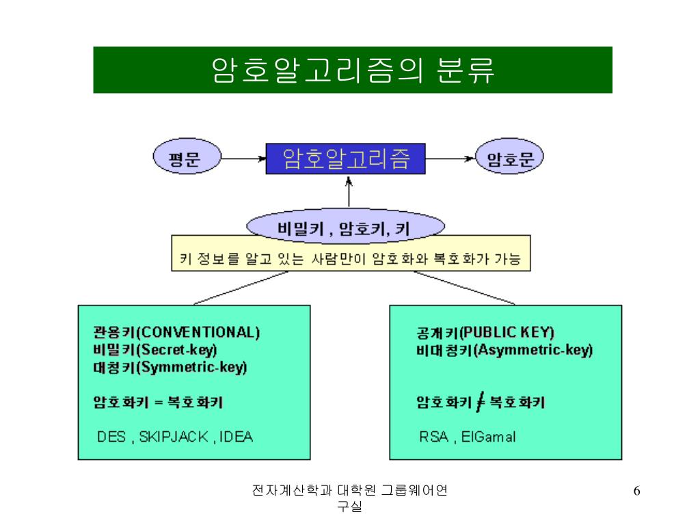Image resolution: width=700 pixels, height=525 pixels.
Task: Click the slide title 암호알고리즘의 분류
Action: pyautogui.click(x=353, y=70)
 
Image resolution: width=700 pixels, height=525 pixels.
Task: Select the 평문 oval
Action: pyautogui.click(x=185, y=159)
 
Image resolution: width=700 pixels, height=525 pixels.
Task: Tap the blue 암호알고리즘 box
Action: pyautogui.click(x=346, y=159)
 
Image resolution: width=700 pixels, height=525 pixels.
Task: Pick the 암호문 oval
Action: pyautogui.click(x=509, y=159)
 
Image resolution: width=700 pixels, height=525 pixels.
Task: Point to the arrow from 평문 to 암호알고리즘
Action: pyautogui.click(x=243, y=159)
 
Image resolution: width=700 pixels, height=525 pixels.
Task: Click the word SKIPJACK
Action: pyautogui.click(x=174, y=437)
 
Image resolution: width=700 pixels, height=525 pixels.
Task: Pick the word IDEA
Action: pyautogui.click(x=237, y=437)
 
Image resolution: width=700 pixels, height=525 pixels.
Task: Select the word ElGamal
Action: pyautogui.click(x=488, y=437)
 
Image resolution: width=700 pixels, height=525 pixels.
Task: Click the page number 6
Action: pyautogui.click(x=637, y=492)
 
